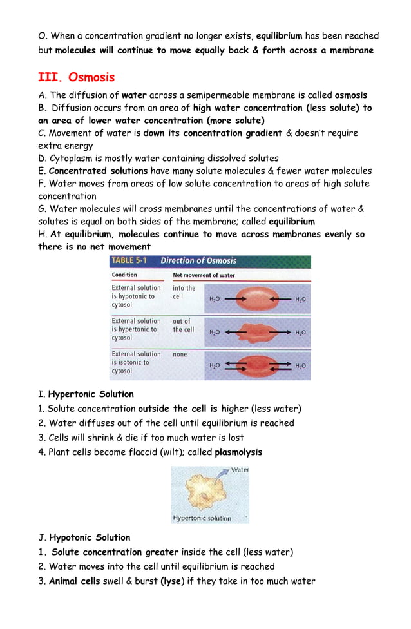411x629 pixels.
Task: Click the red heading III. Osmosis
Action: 76,78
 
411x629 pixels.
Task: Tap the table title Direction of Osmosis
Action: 198,261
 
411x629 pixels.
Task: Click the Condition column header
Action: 124,275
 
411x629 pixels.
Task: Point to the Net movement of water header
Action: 204,275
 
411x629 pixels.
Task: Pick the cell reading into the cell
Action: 184,293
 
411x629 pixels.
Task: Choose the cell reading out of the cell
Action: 183,325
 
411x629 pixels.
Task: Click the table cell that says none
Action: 180,354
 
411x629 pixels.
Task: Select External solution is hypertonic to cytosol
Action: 136,329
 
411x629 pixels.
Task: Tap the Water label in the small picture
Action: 239,470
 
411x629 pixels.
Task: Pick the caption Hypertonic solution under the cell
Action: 202,518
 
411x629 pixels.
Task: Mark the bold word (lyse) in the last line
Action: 172,581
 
